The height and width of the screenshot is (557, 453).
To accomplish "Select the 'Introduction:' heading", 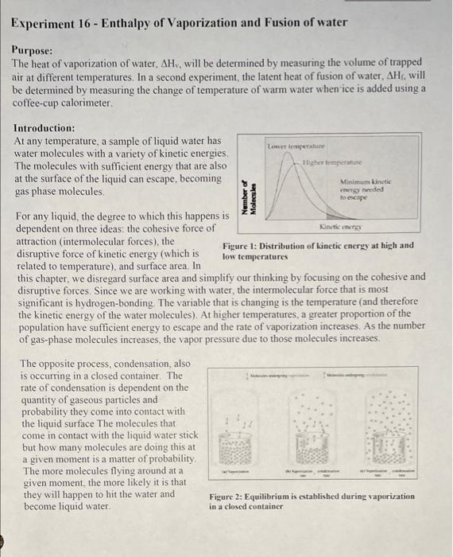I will click(x=45, y=127).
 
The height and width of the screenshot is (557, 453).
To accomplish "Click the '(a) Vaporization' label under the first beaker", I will click(x=241, y=470).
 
